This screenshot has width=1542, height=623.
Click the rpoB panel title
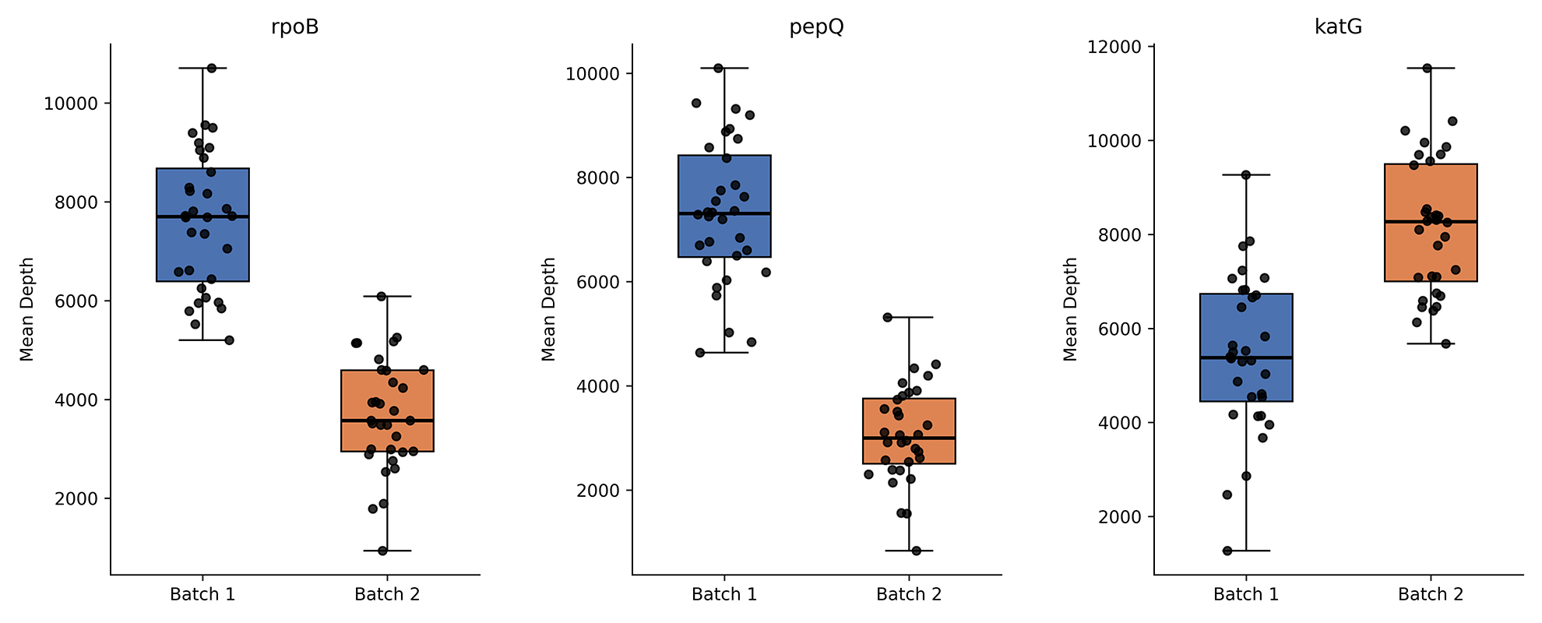click(x=294, y=27)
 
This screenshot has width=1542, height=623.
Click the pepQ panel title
click(x=816, y=27)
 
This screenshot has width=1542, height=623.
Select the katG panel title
click(x=1338, y=27)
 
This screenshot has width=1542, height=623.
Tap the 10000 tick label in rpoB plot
click(x=71, y=104)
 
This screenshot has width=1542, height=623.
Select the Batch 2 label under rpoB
click(x=387, y=595)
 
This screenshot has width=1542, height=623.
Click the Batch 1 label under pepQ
click(x=724, y=595)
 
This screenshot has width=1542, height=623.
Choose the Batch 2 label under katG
click(x=1431, y=595)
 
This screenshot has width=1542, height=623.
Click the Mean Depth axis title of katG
click(x=1071, y=309)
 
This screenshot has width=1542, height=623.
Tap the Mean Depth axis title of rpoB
click(x=27, y=309)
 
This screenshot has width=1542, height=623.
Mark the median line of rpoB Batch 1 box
click(x=202, y=216)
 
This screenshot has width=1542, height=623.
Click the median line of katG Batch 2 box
click(x=1431, y=222)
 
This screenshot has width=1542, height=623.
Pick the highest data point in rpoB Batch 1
click(x=211, y=69)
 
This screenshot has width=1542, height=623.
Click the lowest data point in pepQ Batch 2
click(x=916, y=551)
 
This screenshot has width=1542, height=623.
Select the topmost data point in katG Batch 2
click(x=1427, y=69)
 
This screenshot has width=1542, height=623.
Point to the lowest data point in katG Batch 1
click(x=1227, y=551)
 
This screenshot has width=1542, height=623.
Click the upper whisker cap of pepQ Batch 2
click(x=909, y=317)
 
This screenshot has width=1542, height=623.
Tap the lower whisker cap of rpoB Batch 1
click(x=202, y=340)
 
